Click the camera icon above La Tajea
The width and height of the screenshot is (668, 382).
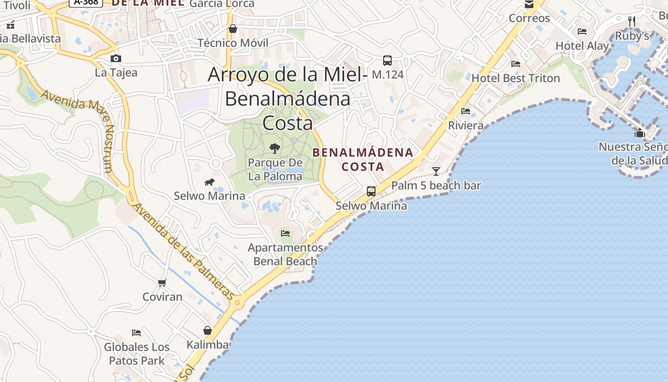pyautogui.click(x=115, y=59)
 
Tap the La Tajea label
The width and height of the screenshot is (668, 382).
pyautogui.click(x=116, y=73)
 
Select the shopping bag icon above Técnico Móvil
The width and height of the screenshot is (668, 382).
pyautogui.click(x=233, y=29)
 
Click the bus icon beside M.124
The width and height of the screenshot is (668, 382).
pyautogui.click(x=387, y=61)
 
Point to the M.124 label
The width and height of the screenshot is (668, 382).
pyautogui.click(x=387, y=74)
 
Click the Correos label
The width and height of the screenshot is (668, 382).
pyautogui.click(x=529, y=18)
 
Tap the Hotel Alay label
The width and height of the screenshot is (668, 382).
pyautogui.click(x=582, y=46)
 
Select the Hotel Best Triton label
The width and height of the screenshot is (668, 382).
pyautogui.click(x=516, y=78)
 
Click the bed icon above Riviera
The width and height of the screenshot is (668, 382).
pyautogui.click(x=466, y=111)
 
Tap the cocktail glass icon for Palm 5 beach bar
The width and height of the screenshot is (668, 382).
pyautogui.click(x=436, y=171)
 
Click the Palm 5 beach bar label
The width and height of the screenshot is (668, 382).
pyautogui.click(x=436, y=185)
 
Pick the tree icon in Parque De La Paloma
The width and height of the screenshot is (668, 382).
pyautogui.click(x=274, y=149)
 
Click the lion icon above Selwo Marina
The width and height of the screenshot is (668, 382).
pyautogui.click(x=209, y=182)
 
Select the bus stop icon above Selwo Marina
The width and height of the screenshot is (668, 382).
pyautogui.click(x=371, y=191)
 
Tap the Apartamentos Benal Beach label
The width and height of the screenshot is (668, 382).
pyautogui.click(x=285, y=255)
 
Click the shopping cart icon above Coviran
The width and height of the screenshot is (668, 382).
pyautogui.click(x=162, y=283)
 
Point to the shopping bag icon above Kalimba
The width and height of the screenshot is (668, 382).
pyautogui.click(x=208, y=330)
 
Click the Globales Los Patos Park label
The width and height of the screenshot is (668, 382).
pyautogui.click(x=137, y=354)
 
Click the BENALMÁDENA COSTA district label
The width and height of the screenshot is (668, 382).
pyautogui.click(x=363, y=159)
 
